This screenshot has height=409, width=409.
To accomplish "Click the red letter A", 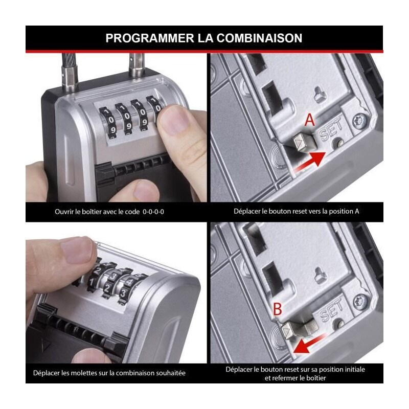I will (x=309, y=120).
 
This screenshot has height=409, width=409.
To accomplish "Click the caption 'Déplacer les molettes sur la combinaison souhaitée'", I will (x=109, y=373).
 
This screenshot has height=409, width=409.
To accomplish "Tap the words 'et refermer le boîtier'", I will (x=296, y=378).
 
